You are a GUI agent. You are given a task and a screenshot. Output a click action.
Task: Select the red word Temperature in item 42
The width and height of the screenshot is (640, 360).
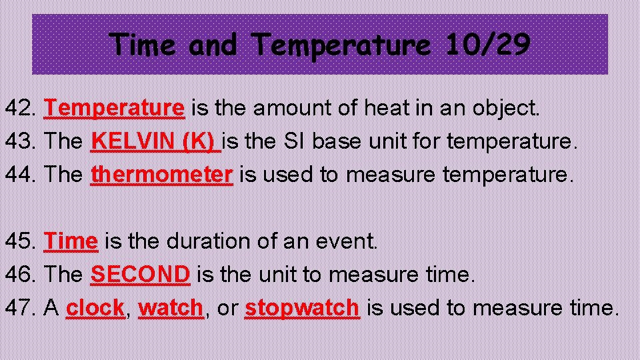pos(114,107)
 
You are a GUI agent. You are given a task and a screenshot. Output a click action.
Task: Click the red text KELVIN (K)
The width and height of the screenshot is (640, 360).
pos(155,141)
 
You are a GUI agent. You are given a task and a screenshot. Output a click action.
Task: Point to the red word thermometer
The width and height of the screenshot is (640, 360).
pos(162,174)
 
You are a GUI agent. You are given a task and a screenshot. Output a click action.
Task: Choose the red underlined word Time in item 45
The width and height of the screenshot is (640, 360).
pos(71,241)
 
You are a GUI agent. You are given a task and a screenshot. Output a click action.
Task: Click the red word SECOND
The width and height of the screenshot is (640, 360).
pos(141,274)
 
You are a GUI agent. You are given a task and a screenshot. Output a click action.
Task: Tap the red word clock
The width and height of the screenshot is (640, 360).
pos(95,307)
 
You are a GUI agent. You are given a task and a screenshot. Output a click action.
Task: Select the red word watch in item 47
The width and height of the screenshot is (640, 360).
pos(171,307)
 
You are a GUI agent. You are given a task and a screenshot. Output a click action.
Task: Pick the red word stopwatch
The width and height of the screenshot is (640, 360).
pos(303,307)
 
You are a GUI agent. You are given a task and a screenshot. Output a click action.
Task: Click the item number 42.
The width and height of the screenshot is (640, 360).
pos(21,107)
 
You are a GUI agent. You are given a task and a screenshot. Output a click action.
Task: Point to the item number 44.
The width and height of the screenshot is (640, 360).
pos(21,174)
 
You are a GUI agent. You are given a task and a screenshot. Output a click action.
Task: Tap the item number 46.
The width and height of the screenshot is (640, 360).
pos(21,274)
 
